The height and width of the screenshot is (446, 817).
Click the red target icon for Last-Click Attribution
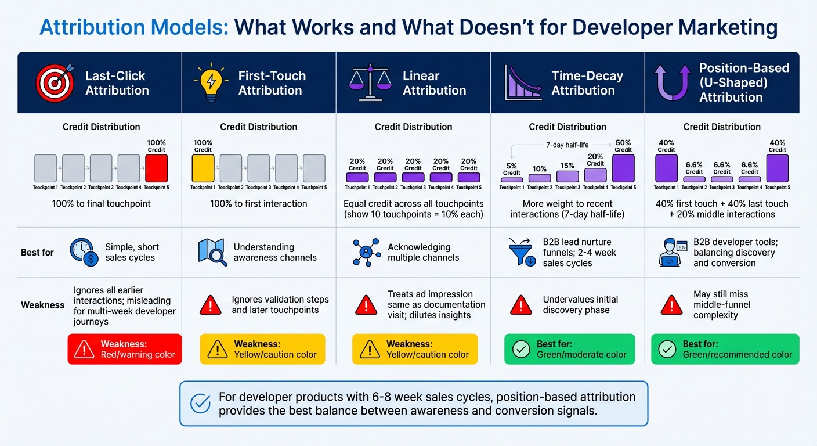55,82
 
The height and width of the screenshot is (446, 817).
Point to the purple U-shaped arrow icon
673,82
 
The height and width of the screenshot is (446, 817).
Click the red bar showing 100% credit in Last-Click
156,168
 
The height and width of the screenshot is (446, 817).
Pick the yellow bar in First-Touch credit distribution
203,168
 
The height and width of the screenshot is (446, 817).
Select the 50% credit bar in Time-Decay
623,168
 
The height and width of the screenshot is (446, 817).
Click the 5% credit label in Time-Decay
511,169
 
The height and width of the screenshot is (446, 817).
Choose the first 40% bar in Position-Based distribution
666,168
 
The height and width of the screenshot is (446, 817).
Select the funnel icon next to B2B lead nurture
521,252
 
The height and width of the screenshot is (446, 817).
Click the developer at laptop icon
674,252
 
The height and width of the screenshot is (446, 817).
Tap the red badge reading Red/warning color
125,349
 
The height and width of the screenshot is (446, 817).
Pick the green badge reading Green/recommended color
725,349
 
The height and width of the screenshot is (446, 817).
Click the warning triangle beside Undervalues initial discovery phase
521,304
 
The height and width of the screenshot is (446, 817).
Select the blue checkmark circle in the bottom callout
200,403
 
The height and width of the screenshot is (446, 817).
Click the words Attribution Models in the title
133,27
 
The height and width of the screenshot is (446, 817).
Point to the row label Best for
38,252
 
